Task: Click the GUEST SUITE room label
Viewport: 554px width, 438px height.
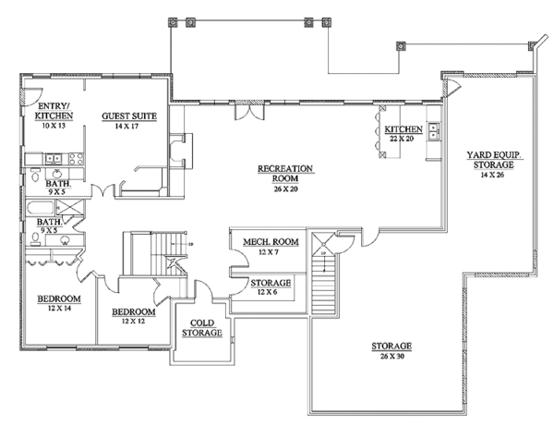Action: pyautogui.click(x=129, y=116)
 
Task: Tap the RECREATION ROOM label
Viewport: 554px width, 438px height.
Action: pyautogui.click(x=285, y=174)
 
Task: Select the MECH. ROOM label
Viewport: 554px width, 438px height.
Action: pyautogui.click(x=271, y=242)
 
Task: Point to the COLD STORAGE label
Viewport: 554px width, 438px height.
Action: pyautogui.click(x=202, y=328)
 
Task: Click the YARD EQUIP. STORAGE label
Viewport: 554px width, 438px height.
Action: pyautogui.click(x=494, y=160)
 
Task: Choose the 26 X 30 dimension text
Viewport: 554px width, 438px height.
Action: pyautogui.click(x=391, y=357)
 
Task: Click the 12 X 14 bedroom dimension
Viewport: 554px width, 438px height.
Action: pyautogui.click(x=59, y=309)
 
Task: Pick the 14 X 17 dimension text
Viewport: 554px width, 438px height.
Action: pyautogui.click(x=126, y=127)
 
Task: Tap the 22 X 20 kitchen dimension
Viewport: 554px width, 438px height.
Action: pyautogui.click(x=402, y=139)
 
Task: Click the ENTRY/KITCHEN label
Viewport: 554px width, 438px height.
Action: pyautogui.click(x=54, y=111)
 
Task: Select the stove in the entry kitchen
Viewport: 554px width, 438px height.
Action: pyautogui.click(x=76, y=159)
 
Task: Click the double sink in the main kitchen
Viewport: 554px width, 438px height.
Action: pyautogui.click(x=434, y=130)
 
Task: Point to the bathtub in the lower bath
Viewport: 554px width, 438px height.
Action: pyautogui.click(x=40, y=208)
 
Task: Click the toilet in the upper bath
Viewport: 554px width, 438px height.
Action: pyautogui.click(x=35, y=175)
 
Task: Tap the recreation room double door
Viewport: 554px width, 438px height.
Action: pyautogui.click(x=249, y=112)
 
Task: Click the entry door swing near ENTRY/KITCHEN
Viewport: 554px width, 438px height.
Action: pyautogui.click(x=33, y=96)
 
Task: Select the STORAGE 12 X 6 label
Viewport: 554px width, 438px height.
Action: pyautogui.click(x=271, y=287)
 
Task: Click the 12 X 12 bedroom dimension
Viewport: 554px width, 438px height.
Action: pyautogui.click(x=134, y=322)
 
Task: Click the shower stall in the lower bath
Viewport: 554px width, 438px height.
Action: pyautogui.click(x=70, y=207)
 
